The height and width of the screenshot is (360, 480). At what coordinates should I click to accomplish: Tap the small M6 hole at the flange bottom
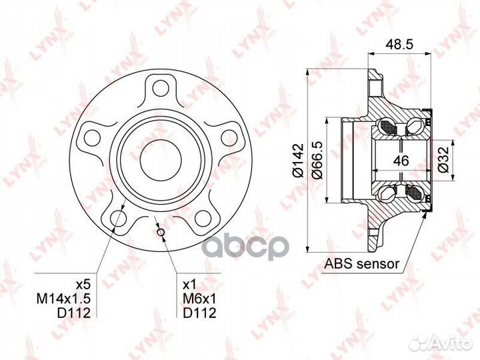click(x=161, y=231)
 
